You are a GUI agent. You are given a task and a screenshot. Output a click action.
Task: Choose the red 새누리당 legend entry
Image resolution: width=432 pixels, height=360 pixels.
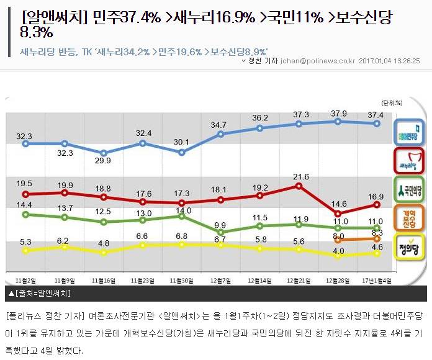click(x=410, y=161)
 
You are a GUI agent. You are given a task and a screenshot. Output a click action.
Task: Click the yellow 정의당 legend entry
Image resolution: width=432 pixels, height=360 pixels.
click(x=410, y=243)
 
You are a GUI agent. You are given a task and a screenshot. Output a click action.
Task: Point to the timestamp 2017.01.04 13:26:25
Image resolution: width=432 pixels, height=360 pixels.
click(x=390, y=61)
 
